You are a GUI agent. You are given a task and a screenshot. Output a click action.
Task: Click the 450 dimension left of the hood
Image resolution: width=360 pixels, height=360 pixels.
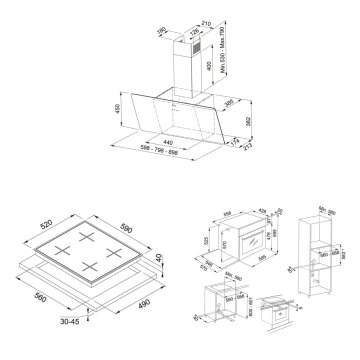pyautogui.click(x=117, y=109)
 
